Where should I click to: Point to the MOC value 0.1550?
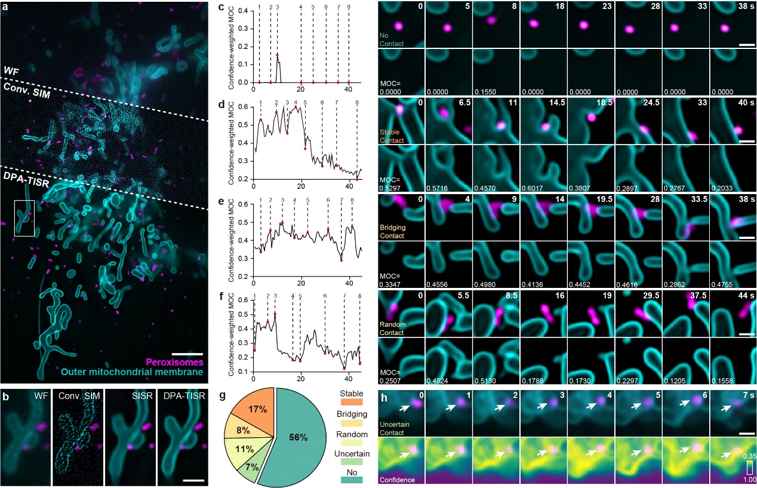pos(485,90)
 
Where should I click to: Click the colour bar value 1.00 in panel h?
pos(745,479)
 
